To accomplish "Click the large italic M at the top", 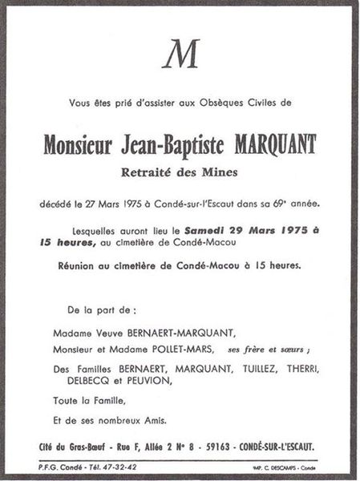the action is tap(180, 56).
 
